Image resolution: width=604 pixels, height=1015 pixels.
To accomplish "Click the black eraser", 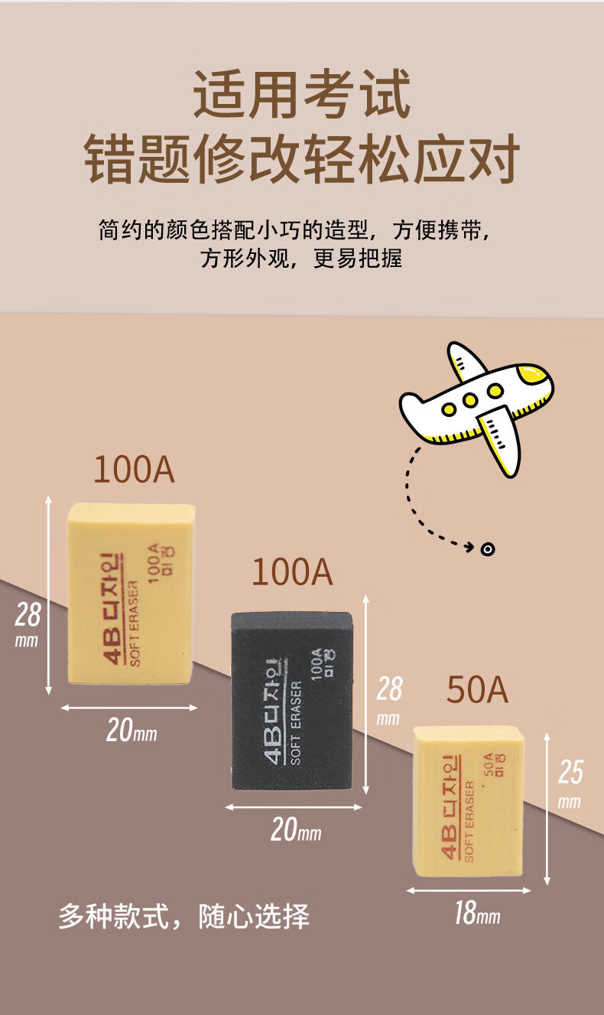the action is pyautogui.click(x=295, y=699).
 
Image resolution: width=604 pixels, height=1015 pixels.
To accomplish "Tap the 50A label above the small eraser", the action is pyautogui.click(x=477, y=690).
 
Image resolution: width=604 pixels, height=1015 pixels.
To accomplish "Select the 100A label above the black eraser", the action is pyautogui.click(x=292, y=572).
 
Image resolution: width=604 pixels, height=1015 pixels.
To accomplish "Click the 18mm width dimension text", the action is pyautogui.click(x=477, y=913).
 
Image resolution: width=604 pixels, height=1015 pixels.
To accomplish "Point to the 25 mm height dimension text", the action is pyautogui.click(x=570, y=783).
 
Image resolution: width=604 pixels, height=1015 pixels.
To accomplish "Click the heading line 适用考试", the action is pyautogui.click(x=302, y=93).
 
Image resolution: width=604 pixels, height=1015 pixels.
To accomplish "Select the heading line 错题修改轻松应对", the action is pyautogui.click(x=302, y=159).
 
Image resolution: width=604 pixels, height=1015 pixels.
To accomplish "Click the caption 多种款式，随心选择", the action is pyautogui.click(x=183, y=916).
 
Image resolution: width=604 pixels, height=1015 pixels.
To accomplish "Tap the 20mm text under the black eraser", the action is pyautogui.click(x=295, y=830).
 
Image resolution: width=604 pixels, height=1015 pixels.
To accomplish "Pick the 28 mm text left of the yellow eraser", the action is pyautogui.click(x=28, y=623).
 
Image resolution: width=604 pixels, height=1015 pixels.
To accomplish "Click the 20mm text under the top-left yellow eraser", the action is pyautogui.click(x=131, y=731).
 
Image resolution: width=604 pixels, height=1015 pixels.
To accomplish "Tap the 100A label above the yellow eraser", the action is pyautogui.click(x=134, y=470).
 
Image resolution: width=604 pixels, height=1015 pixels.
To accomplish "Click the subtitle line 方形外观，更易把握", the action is pyautogui.click(x=302, y=258).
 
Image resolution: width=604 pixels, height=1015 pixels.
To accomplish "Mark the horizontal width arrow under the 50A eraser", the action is pyautogui.click(x=469, y=890).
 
